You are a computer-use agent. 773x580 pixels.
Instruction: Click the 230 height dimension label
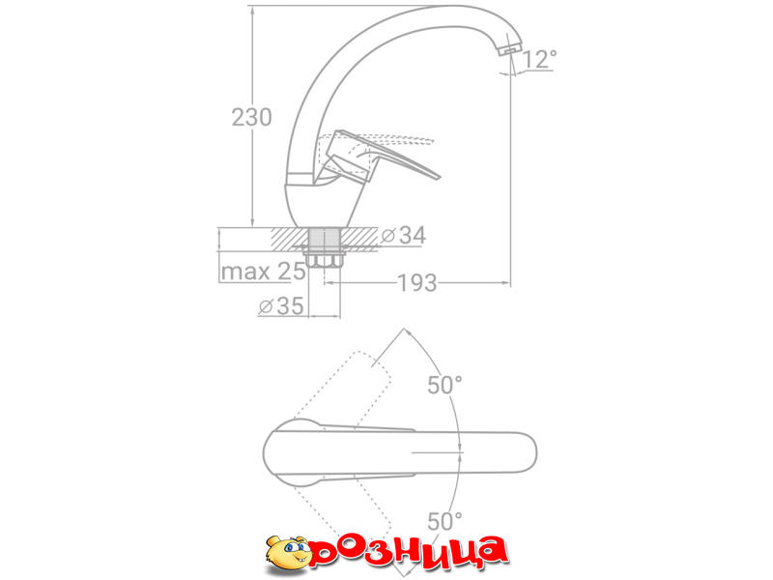pos(251,117)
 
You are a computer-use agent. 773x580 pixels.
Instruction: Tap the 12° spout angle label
pos(539,59)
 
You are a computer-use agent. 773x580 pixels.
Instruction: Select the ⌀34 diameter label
pos(404,235)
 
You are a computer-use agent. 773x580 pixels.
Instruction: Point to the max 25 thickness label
pos(263,272)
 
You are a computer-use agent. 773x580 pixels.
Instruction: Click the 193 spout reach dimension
pos(417,283)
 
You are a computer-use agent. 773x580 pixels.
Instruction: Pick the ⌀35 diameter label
pos(281,305)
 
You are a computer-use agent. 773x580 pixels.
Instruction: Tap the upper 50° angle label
pos(444,385)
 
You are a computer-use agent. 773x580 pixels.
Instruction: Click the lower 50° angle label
pos(444,521)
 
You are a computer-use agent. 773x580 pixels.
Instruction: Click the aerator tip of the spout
pos(510,50)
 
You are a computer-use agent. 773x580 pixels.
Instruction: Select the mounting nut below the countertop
pos(325,259)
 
